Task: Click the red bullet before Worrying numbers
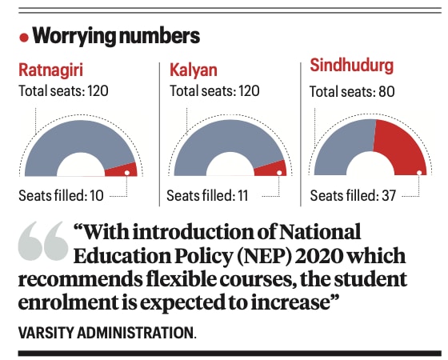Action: pos(25,38)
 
